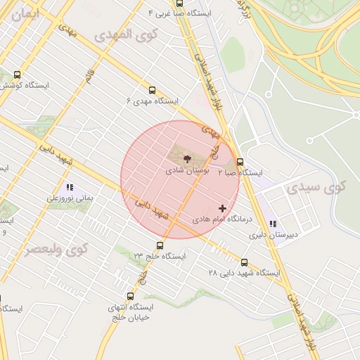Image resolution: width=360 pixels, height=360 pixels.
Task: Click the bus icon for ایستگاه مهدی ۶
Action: (152, 90)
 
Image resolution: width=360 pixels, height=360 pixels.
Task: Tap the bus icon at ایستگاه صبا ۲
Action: (240, 161)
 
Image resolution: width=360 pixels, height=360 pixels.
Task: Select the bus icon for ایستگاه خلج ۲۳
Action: (160, 246)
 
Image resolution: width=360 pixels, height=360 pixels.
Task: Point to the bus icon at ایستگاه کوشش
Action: (17, 75)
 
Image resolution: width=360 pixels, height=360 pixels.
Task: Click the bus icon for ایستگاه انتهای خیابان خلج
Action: (130, 296)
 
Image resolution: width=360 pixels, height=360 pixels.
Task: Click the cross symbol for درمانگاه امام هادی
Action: (224, 208)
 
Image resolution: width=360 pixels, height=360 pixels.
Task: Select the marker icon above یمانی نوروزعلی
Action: (69, 188)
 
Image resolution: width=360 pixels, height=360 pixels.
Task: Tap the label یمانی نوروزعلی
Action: (70, 199)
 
